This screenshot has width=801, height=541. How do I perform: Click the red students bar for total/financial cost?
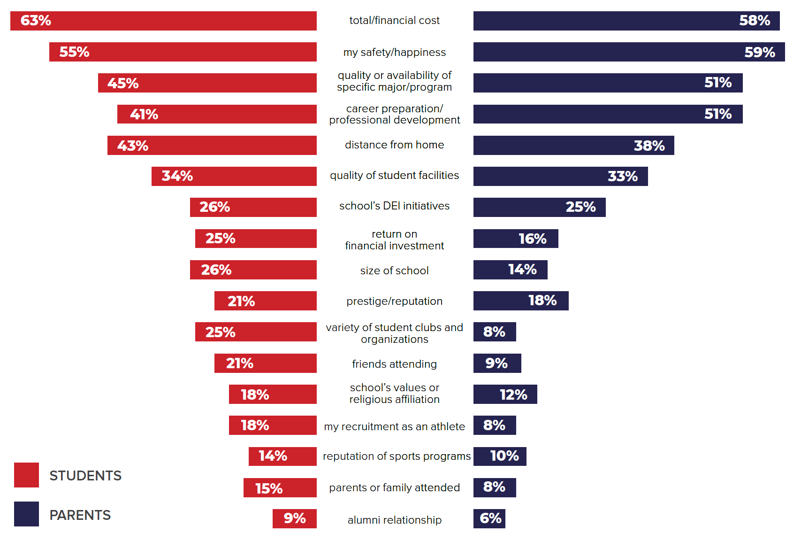pos(163,21)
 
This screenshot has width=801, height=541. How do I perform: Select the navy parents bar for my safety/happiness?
pos(629,52)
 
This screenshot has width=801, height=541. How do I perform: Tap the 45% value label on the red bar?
pos(123,83)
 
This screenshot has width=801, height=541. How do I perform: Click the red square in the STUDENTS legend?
pos(26,475)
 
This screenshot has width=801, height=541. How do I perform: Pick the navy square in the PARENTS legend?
pos(26,514)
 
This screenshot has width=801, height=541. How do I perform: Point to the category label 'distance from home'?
pos(394,145)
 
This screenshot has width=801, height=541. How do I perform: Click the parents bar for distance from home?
pos(573,145)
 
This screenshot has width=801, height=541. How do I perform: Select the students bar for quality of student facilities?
pos(234,176)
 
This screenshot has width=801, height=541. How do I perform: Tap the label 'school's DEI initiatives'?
pos(394,206)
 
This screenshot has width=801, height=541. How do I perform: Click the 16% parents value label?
pos(533,239)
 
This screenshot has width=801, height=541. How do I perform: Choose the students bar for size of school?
pos(253,270)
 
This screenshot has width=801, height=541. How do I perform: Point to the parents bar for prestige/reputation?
pos(521,301)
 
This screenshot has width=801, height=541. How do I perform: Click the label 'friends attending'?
pos(394,364)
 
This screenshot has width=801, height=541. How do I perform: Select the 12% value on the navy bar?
pos(513,394)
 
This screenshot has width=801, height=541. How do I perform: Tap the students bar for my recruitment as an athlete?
pos(273,425)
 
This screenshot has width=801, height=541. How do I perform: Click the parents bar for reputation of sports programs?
pos(500,456)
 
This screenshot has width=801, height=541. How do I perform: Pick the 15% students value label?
pos(269,488)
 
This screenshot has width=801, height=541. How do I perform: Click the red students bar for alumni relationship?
pos(295,518)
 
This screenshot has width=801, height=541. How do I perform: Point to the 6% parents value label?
pos(490,518)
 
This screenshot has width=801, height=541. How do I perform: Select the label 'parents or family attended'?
pos(394,487)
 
